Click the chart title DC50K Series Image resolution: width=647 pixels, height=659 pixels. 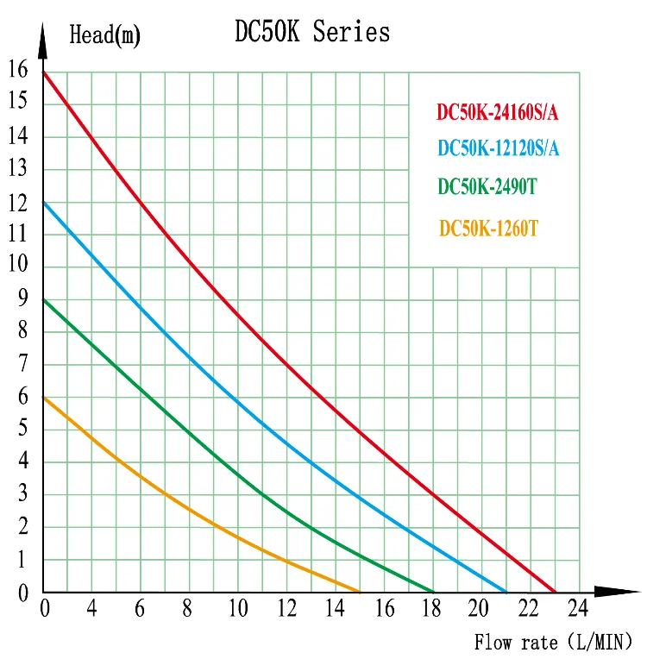point(312,32)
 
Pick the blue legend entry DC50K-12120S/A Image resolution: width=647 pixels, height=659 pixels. point(499,148)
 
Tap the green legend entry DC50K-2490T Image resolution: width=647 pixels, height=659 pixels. point(487,186)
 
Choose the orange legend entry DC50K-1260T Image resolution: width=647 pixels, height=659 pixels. point(488,229)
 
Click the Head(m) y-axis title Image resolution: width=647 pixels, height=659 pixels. point(104,35)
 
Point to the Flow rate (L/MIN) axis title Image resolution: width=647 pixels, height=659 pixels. point(553,642)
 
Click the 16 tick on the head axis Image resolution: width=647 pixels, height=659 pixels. point(17,69)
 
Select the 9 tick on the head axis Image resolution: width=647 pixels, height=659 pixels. point(22,298)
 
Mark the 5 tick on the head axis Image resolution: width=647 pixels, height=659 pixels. point(22,429)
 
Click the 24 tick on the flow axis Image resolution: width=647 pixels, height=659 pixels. point(578,609)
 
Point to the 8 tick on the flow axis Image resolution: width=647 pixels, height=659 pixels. point(186,609)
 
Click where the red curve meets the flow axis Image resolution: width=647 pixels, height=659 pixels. point(556,592)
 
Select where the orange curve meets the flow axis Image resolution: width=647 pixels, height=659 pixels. point(359,592)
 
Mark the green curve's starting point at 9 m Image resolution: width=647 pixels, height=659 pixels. point(43,299)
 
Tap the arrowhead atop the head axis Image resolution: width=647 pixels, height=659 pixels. point(42,35)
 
